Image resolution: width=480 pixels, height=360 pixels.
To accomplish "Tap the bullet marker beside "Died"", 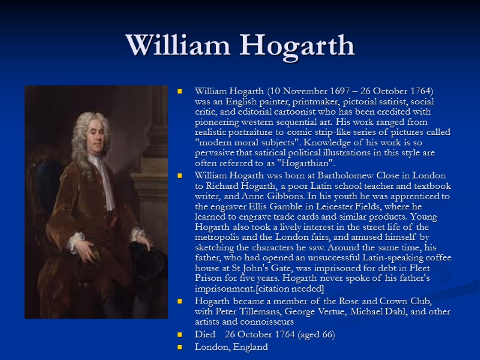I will [x=179, y=335].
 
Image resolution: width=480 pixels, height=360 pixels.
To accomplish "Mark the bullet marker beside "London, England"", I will [x=179, y=347].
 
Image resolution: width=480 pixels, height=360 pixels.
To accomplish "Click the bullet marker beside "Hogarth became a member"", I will [x=179, y=301].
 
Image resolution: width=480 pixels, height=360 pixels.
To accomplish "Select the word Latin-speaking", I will [x=375, y=258].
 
